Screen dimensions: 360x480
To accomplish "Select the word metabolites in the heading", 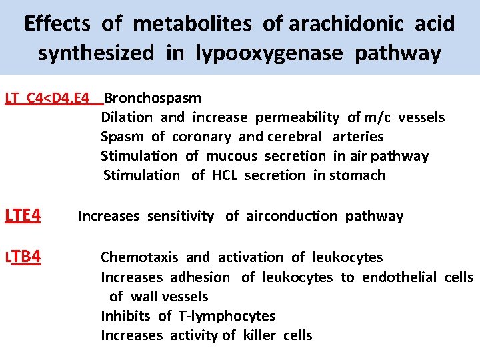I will point(192,25).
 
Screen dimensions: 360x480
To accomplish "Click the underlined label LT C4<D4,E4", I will point(47,98).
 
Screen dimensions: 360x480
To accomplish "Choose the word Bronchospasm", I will point(153,98).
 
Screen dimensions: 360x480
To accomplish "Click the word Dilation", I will point(127,117).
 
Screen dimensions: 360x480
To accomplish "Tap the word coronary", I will point(203,137).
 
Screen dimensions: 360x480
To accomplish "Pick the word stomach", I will point(358,175).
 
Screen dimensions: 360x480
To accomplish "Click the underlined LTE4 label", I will point(23,216).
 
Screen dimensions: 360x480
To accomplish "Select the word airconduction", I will point(291,216).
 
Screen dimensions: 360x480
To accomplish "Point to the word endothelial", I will point(399,277).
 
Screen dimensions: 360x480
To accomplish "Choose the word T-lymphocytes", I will point(227,316).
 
